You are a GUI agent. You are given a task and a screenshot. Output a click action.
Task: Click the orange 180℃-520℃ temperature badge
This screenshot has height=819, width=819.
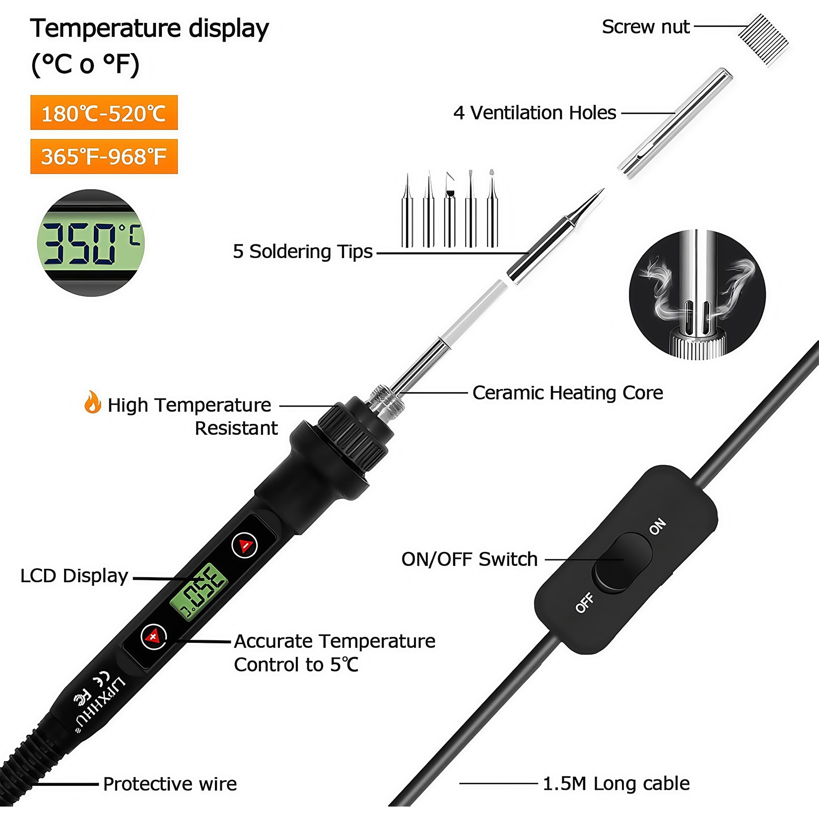pos(104,113)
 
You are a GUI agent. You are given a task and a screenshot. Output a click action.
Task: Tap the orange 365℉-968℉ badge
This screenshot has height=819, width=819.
pos(104,156)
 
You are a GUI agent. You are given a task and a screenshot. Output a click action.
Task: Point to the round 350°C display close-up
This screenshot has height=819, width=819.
pos(90,243)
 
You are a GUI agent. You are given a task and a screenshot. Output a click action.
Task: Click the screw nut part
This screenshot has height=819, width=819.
pos(763,40)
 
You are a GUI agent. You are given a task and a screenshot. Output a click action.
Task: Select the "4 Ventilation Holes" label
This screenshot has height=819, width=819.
pos(535,113)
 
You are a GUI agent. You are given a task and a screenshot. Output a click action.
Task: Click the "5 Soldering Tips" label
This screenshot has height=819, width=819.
pos(303,251)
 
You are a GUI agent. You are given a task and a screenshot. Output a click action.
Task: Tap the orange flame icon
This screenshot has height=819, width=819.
pos(92,402)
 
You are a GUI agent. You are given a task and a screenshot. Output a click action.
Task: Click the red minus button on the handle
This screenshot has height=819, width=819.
pos(245,545)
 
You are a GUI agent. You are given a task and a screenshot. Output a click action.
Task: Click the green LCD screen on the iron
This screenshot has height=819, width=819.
pos(199,591)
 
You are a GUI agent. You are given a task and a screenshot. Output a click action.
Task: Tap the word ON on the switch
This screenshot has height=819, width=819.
pos(658,526)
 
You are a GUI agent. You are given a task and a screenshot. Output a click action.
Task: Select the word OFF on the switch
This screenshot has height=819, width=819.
pos(585,603)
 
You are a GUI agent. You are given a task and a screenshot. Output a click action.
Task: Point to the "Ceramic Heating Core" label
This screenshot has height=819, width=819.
pos(568,393)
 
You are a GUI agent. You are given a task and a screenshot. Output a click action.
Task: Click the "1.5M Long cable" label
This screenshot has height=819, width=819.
pos(616,783)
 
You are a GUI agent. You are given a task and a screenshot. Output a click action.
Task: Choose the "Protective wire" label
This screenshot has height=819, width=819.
pos(170,784)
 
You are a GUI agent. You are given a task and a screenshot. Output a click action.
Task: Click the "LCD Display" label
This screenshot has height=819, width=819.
pos(74,576)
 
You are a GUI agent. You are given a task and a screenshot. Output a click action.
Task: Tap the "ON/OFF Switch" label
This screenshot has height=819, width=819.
pos(470,559)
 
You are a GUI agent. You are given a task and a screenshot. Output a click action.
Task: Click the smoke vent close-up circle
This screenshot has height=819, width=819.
pos(697,294)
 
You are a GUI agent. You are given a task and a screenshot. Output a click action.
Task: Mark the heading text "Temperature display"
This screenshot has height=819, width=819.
pos(149,29)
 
